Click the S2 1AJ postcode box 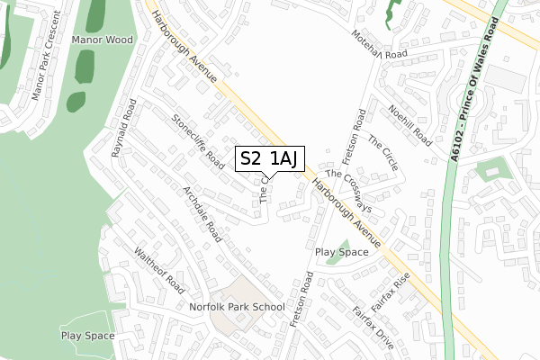[x=267, y=158]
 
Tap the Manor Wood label [x=103, y=40]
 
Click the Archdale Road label [x=202, y=215]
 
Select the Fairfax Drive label [x=373, y=328]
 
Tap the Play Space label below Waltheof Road [x=87, y=336]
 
